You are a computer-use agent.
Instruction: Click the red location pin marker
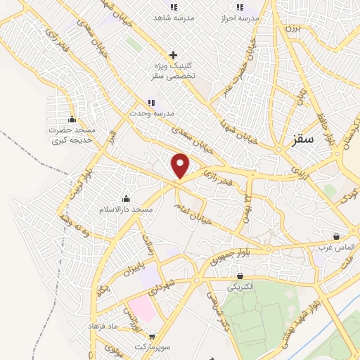[181, 165]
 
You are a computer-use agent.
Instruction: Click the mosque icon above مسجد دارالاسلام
[126, 198]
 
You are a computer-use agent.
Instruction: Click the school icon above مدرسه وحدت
[151, 103]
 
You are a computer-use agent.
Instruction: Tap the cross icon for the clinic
[173, 55]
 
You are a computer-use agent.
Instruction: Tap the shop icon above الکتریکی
[240, 276]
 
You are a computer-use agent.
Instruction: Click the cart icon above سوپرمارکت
[152, 336]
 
